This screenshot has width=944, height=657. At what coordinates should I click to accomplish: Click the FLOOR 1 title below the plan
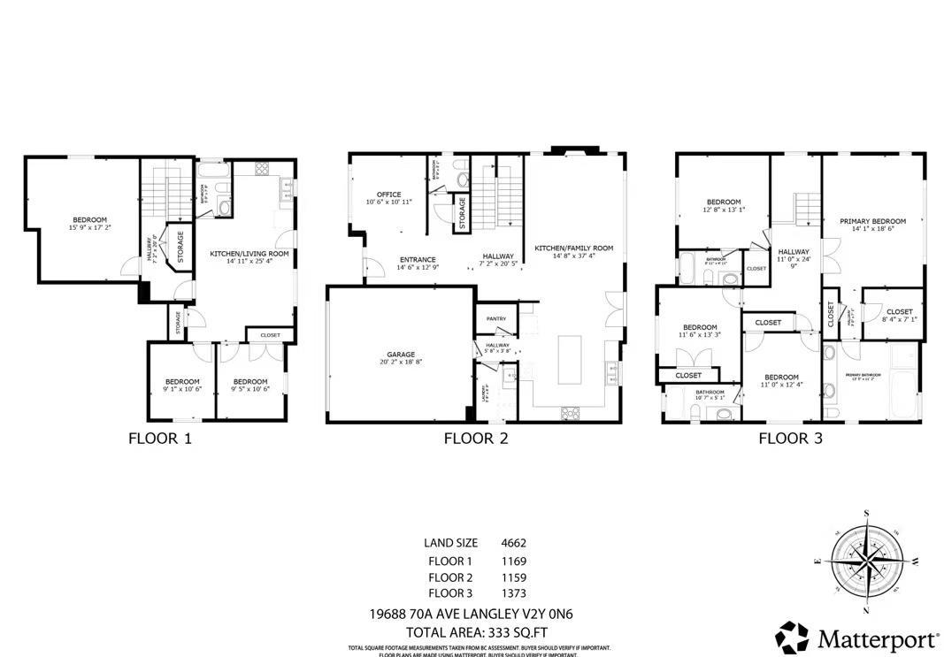(x=159, y=438)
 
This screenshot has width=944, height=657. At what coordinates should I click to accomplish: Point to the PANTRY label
(x=495, y=318)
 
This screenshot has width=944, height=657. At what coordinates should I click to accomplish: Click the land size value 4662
(x=513, y=543)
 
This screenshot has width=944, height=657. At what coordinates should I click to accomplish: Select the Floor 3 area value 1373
(x=513, y=593)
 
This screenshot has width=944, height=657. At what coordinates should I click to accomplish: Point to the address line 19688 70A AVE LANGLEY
(x=476, y=614)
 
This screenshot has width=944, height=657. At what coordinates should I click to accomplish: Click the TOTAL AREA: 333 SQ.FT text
(x=476, y=632)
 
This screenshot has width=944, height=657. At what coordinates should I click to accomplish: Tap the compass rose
(x=867, y=562)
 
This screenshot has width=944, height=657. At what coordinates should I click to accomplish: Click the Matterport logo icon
(x=792, y=638)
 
